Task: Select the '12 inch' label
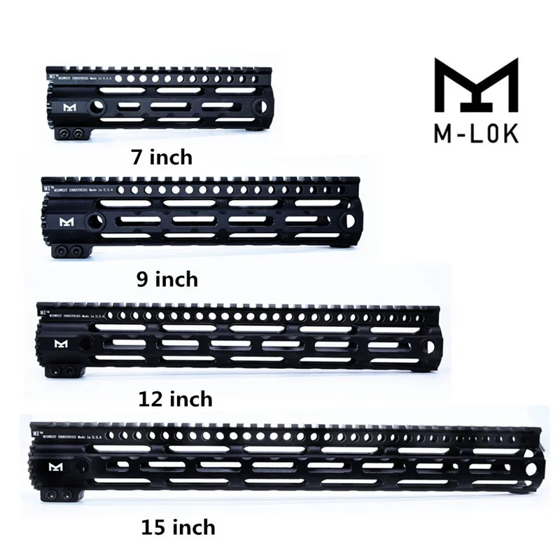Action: point(176,400)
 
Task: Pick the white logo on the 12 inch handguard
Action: point(62,342)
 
